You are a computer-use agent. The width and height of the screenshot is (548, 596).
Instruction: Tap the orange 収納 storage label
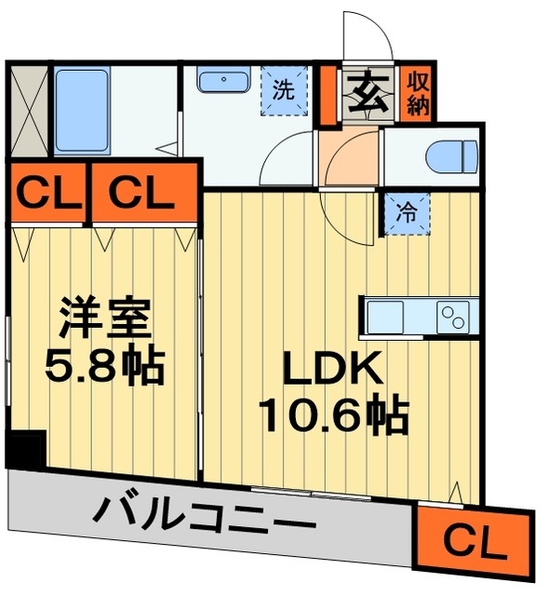(x=416, y=92)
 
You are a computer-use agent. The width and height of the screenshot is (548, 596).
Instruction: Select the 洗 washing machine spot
(x=282, y=90)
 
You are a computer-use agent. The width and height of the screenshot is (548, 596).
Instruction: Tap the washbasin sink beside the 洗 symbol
(x=221, y=80)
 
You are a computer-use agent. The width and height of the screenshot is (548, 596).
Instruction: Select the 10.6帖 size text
(x=332, y=415)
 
